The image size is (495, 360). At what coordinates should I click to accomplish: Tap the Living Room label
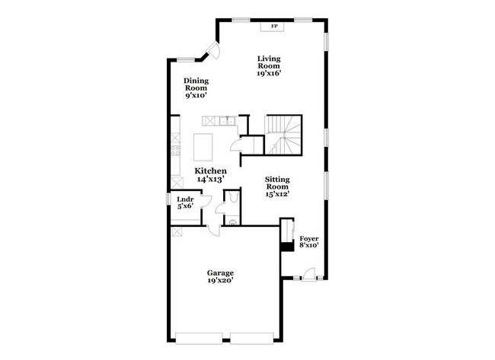(269, 66)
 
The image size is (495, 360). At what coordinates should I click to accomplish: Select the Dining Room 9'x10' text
(196, 88)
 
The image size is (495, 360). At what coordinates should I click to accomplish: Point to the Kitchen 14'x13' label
(209, 175)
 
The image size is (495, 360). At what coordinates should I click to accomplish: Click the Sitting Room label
(277, 187)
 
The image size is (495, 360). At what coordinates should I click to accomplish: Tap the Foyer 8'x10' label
(308, 241)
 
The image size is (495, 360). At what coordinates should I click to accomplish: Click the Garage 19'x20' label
(221, 276)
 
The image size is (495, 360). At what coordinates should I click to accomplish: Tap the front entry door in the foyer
(308, 274)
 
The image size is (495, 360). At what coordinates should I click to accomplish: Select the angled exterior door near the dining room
(212, 52)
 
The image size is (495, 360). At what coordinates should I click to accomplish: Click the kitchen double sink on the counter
(225, 120)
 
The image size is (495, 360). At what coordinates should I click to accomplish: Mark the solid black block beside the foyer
(288, 246)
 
